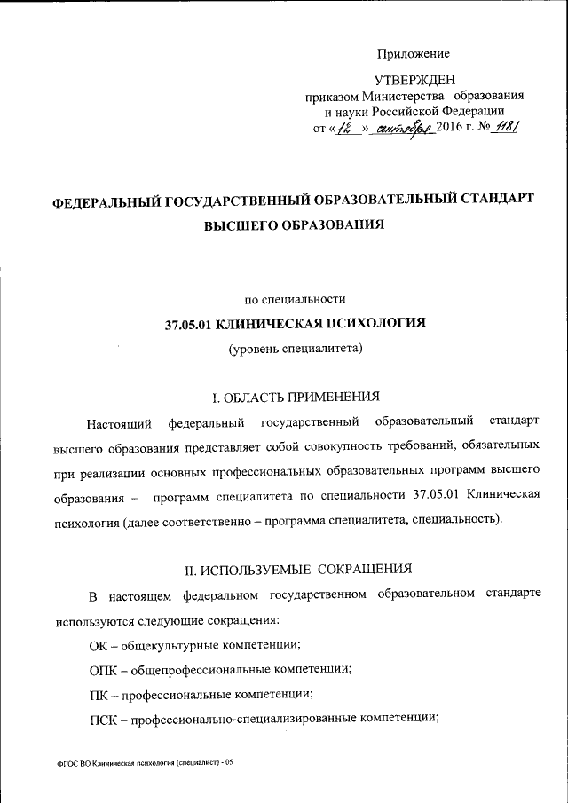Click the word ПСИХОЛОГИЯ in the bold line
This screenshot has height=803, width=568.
click(x=376, y=323)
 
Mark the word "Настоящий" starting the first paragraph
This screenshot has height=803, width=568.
click(x=117, y=420)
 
